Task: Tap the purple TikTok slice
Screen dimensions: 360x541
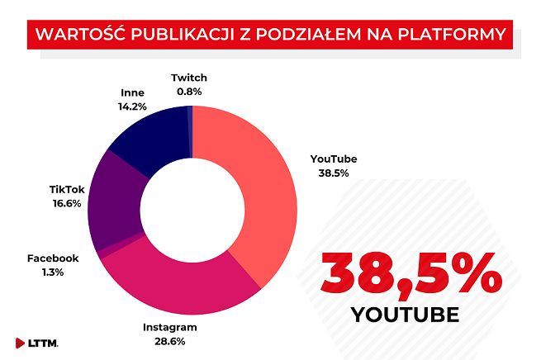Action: (116, 202)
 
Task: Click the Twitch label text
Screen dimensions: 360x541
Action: (188, 78)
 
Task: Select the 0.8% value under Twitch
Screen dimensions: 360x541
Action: (188, 92)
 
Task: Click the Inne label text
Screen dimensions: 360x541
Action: (132, 92)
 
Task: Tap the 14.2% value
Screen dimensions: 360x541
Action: (132, 107)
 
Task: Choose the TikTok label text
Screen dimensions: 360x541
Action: (65, 189)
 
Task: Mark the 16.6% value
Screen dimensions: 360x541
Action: (65, 203)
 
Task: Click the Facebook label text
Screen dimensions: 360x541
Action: (53, 258)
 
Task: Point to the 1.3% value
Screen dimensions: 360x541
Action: (53, 272)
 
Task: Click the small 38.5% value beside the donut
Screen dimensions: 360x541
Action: (333, 173)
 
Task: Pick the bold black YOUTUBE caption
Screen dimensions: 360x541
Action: (406, 315)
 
